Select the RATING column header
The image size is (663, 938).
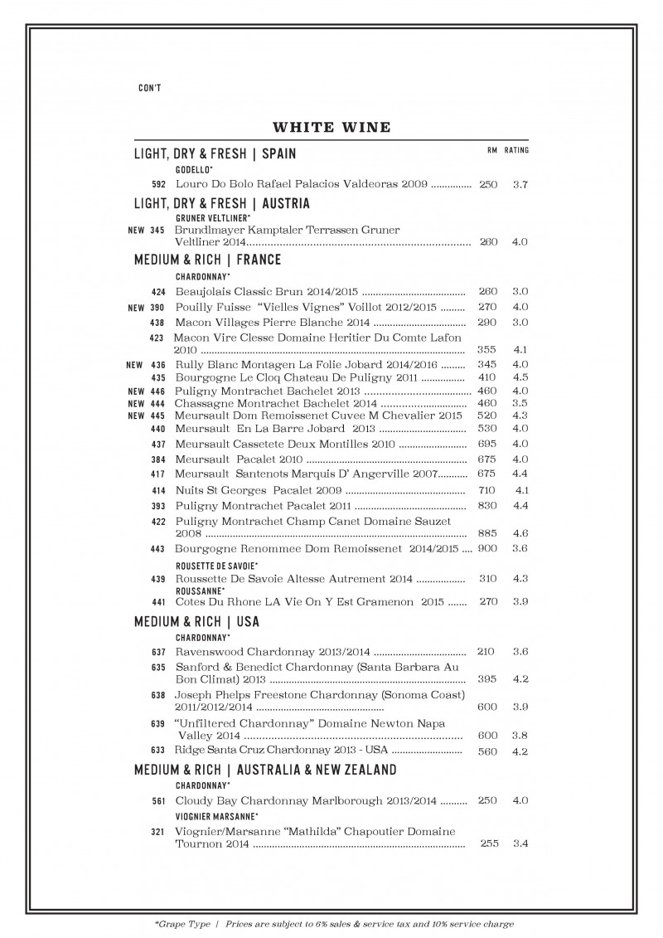coord(516,151)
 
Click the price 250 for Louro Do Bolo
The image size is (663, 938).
coord(488,184)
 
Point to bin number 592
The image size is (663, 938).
coord(159,184)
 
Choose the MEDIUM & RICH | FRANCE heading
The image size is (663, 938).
coord(208,260)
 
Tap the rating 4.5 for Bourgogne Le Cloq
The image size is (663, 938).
coord(520,377)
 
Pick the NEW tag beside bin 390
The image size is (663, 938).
coord(136,308)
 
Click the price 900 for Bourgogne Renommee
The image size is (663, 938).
coord(487,548)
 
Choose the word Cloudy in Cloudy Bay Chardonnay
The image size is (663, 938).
coord(193,801)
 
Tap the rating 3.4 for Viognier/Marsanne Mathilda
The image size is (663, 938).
coord(520,843)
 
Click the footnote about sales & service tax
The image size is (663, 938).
coord(331,923)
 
